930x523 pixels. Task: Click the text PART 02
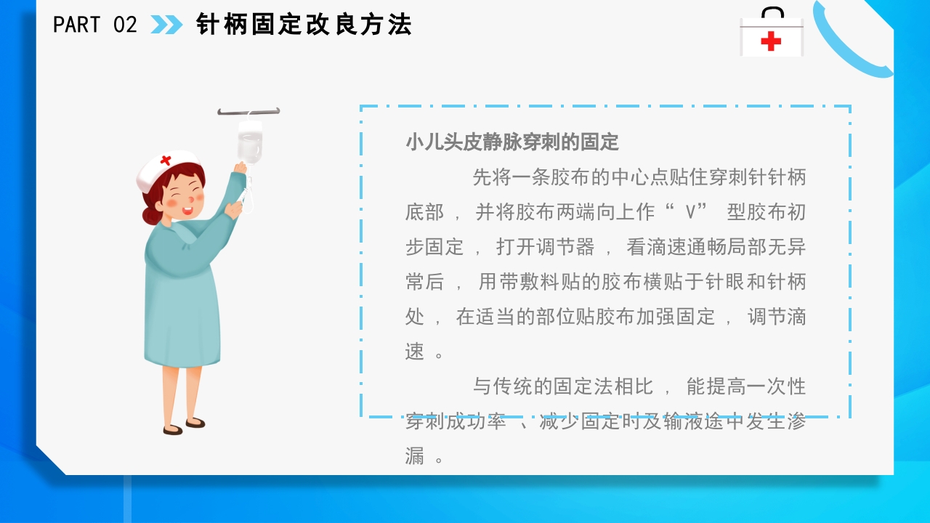click(95, 25)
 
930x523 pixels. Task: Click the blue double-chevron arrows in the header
click(166, 25)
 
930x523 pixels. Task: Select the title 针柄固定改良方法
click(304, 25)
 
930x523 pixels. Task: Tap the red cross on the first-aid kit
click(771, 41)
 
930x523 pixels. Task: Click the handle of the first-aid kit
click(772, 12)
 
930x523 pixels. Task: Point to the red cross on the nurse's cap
click(166, 160)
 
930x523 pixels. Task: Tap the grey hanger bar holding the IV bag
click(248, 112)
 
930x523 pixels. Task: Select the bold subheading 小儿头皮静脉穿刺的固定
click(512, 142)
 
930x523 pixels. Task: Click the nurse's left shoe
click(172, 430)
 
